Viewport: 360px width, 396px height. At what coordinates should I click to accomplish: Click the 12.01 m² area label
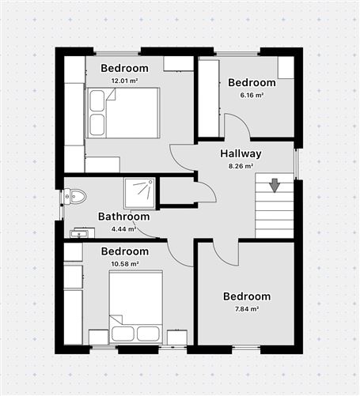pyautogui.click(x=124, y=80)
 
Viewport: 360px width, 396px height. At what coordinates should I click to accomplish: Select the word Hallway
pyautogui.click(x=241, y=153)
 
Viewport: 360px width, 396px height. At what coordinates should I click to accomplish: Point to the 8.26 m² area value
pyautogui.click(x=241, y=166)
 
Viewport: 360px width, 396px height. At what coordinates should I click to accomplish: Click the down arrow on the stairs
pyautogui.click(x=275, y=186)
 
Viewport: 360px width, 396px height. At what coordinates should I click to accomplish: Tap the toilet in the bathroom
pyautogui.click(x=74, y=196)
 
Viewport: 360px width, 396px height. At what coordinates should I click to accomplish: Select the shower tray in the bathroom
pyautogui.click(x=140, y=193)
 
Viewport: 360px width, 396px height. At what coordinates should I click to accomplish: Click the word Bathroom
pyautogui.click(x=123, y=217)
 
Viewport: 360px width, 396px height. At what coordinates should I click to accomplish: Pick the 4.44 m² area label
pyautogui.click(x=123, y=229)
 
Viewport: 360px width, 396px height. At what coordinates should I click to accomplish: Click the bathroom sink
pyautogui.click(x=81, y=233)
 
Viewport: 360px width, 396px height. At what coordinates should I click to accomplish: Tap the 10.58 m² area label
pyautogui.click(x=124, y=263)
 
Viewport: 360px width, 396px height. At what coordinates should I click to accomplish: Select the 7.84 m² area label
pyautogui.click(x=247, y=309)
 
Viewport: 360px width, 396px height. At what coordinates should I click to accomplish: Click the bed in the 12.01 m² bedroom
pyautogui.click(x=124, y=113)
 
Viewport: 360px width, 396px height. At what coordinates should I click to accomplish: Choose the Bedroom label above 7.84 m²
pyautogui.click(x=247, y=296)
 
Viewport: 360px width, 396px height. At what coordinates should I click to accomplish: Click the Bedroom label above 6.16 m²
pyautogui.click(x=252, y=82)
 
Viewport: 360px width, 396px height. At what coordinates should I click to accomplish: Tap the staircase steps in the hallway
pyautogui.click(x=274, y=210)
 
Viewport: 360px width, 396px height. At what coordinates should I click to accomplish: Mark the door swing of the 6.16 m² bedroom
pyautogui.click(x=235, y=126)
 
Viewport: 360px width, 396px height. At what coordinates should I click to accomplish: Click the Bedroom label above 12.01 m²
pyautogui.click(x=124, y=68)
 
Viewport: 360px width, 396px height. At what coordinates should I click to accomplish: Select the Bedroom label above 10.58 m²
pyautogui.click(x=124, y=251)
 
